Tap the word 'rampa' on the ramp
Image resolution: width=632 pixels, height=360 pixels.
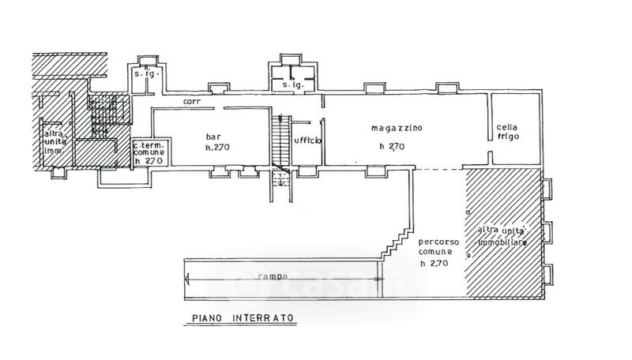[272, 276]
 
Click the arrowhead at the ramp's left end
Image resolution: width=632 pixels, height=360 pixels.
[186, 277]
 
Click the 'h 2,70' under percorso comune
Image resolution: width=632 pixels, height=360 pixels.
[434, 264]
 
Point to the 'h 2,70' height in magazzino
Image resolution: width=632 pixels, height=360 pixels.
[392, 145]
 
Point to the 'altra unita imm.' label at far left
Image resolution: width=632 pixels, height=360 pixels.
[54, 142]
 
